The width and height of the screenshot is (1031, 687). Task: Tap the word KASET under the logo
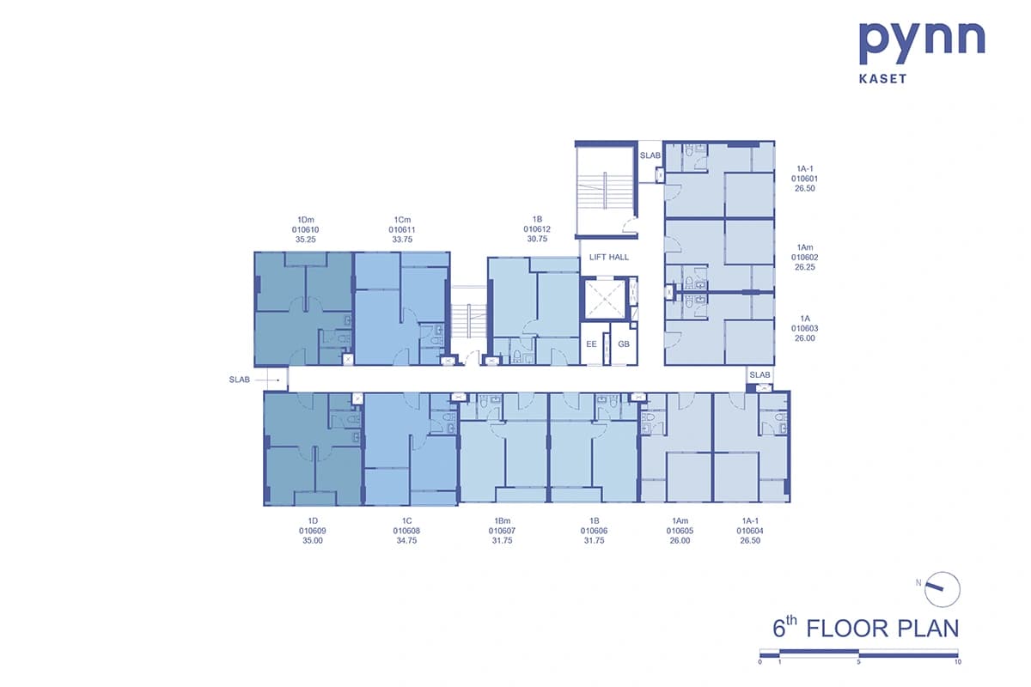click(883, 79)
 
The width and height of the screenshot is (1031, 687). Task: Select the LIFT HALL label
click(609, 258)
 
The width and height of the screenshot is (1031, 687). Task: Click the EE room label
click(591, 344)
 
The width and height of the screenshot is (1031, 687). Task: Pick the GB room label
click(624, 344)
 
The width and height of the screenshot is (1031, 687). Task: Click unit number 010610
click(305, 229)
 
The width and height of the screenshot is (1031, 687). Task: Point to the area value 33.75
click(402, 240)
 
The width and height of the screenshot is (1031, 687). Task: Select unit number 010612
click(537, 229)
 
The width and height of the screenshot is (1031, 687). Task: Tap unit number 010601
click(804, 179)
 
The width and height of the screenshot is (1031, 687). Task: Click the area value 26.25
click(804, 267)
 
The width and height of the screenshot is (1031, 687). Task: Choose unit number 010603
click(804, 329)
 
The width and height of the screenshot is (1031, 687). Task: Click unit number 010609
click(313, 531)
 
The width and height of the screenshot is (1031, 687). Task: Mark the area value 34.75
click(406, 540)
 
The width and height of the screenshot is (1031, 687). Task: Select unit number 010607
click(502, 531)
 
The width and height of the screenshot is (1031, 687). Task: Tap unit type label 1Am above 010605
click(680, 521)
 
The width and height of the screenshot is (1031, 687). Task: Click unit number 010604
click(750, 531)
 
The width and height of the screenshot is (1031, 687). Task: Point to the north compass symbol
click(943, 589)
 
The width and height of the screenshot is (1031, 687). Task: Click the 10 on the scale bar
click(958, 662)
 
